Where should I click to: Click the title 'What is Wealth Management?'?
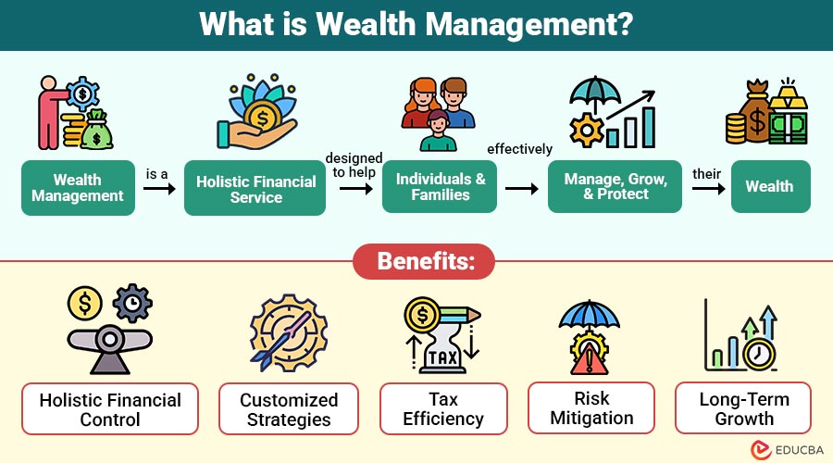(x=416, y=24)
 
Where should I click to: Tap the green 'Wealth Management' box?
(x=77, y=188)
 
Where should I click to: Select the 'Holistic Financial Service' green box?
(x=256, y=189)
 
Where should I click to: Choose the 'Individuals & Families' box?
(x=440, y=187)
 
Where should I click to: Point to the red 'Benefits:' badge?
(x=424, y=262)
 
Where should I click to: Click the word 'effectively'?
(x=520, y=148)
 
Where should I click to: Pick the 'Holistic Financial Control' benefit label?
(x=110, y=409)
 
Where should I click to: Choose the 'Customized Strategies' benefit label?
(x=289, y=409)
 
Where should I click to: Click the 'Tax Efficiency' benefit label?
(x=443, y=409)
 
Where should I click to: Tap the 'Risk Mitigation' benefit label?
(x=591, y=408)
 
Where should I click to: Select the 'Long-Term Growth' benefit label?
(x=743, y=408)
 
